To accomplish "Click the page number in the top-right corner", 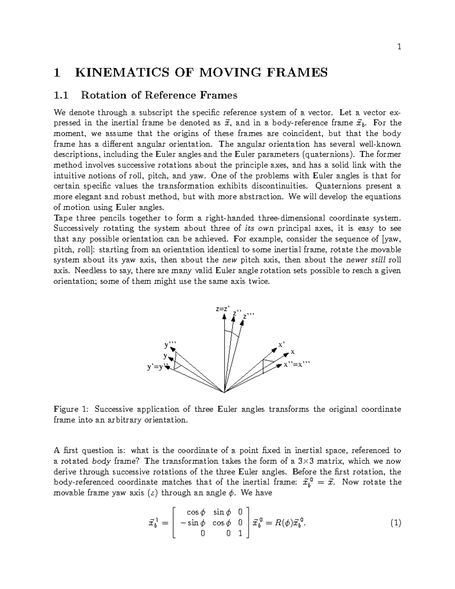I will click(399, 47).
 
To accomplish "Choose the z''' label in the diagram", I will click(249, 316).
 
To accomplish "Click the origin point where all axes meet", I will click(224, 392).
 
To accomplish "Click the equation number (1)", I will click(395, 523).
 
